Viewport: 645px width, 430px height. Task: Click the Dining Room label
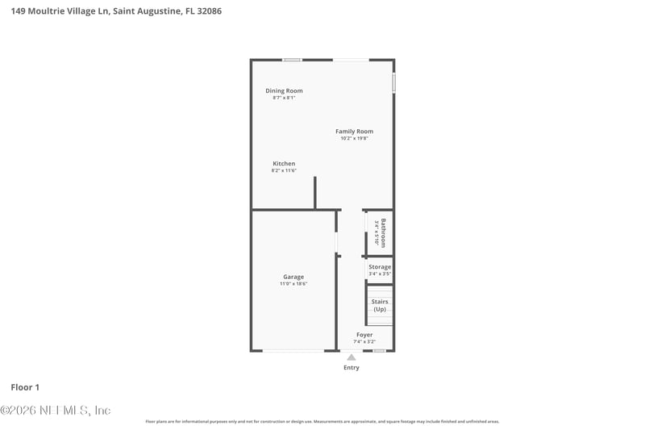284,90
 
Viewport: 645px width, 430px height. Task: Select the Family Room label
354,132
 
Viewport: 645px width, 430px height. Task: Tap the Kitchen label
284,164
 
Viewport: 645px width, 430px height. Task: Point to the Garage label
293,277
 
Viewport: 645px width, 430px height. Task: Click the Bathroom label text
384,232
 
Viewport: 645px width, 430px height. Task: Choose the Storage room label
380,267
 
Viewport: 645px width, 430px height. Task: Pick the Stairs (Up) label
380,305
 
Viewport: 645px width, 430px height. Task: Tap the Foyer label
364,335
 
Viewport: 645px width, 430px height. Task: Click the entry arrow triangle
351,357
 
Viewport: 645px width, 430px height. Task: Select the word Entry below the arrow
352,368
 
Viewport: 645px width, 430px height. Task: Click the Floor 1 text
25,387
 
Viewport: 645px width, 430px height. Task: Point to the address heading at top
117,11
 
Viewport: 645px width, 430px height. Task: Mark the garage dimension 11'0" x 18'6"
293,284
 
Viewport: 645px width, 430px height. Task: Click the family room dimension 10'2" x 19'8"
354,139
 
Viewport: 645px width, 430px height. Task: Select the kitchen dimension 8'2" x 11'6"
284,171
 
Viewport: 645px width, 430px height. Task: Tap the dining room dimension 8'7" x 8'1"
284,98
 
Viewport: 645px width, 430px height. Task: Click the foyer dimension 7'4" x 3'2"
364,342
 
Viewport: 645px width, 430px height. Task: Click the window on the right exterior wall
393,83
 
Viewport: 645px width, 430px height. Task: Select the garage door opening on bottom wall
294,350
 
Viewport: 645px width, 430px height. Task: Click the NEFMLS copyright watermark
56,411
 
